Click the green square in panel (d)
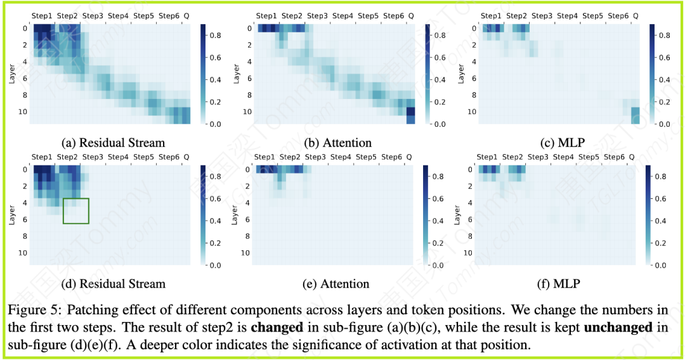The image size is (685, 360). click(76, 211)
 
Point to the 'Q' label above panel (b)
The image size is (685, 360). click(411, 15)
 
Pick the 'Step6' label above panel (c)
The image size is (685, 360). click(618, 15)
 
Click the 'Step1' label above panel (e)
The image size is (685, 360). click(264, 157)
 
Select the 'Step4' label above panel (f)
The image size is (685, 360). click(563, 157)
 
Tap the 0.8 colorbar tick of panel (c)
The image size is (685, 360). click(664, 35)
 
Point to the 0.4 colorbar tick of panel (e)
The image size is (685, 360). click(438, 221)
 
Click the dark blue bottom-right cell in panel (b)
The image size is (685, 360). click(410, 112)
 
